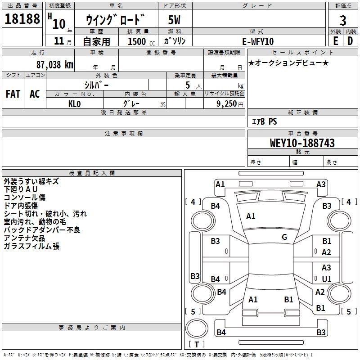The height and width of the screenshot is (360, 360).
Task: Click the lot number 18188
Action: [x=22, y=18]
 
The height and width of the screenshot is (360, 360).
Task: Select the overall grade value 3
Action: [x=343, y=20]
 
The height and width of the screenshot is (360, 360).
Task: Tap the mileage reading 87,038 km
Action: [x=54, y=65]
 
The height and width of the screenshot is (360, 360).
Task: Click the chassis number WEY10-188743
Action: [x=302, y=143]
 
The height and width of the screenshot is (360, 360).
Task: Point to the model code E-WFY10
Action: [x=258, y=41]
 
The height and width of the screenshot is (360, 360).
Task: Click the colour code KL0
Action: [x=74, y=104]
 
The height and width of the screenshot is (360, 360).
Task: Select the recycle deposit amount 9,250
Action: [x=226, y=104]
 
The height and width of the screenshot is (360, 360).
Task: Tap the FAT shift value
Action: [x=13, y=94]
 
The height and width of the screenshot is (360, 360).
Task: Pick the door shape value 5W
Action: [x=174, y=20]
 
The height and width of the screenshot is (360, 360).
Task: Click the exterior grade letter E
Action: [x=335, y=41]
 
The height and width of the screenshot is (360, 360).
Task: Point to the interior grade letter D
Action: [x=350, y=41]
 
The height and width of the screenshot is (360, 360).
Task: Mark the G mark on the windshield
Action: [x=284, y=237]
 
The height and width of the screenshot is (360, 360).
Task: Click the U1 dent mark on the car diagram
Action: [x=327, y=279]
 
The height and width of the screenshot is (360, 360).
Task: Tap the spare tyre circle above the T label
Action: [x=197, y=328]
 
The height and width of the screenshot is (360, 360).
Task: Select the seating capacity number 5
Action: [x=188, y=85]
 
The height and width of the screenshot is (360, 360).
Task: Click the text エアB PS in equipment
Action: [x=264, y=121]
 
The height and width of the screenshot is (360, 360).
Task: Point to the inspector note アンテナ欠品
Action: [x=24, y=238]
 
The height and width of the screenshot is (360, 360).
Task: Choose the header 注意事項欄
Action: [x=123, y=133]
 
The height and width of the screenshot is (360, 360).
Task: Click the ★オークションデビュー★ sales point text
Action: [x=288, y=63]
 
